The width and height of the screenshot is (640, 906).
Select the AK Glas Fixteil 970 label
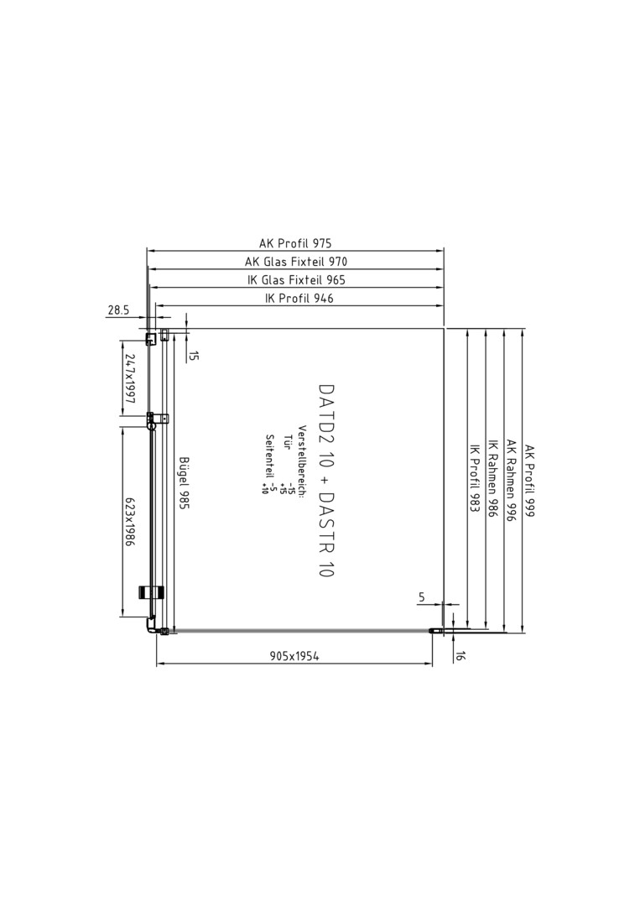296,261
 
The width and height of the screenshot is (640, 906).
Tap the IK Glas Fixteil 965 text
296,279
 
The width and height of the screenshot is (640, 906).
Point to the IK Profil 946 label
299,298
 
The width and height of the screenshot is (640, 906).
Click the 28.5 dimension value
117,310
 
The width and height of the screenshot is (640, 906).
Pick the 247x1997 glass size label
129,379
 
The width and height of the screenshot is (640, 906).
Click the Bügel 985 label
184,482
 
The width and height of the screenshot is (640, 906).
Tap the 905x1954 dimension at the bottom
294,656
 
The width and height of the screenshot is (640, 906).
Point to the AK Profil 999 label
529,481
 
